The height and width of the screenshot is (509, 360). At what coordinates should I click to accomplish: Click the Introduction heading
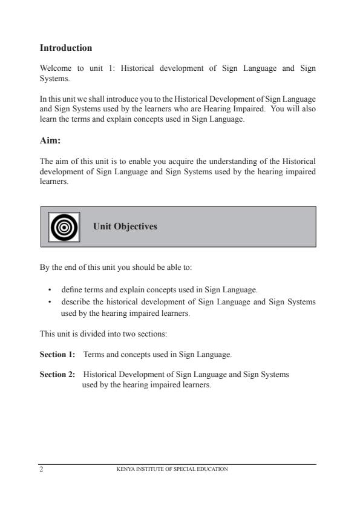pyautogui.click(x=65, y=48)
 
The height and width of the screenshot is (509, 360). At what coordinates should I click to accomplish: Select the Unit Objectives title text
pyautogui.click(x=125, y=226)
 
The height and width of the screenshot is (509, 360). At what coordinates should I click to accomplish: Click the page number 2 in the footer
pyautogui.click(x=42, y=468)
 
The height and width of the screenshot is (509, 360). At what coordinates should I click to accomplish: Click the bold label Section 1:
pyautogui.click(x=57, y=353)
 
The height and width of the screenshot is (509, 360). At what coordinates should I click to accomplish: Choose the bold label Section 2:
pyautogui.click(x=57, y=374)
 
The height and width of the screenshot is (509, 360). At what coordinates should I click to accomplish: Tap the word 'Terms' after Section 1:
pyautogui.click(x=93, y=353)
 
